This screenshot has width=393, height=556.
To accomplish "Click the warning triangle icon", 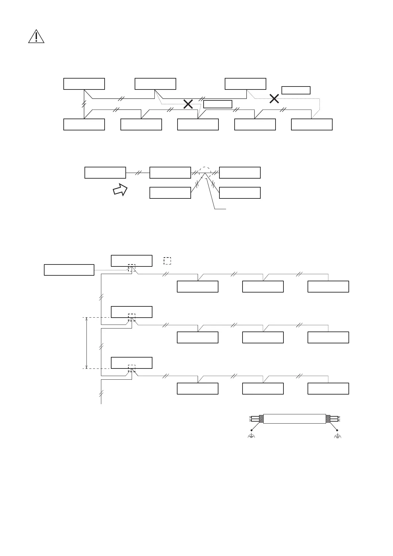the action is coord(36,37).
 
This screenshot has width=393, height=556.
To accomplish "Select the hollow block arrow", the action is coord(120,190).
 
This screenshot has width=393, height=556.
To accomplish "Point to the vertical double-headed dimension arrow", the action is coord(86,343).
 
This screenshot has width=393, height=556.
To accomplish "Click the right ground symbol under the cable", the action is coord(337,436).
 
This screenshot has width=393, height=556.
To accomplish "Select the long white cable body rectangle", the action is coord(294,419).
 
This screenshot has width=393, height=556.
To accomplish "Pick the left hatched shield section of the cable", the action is coord(261,419).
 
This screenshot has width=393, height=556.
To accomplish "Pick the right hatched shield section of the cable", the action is coord(328,419).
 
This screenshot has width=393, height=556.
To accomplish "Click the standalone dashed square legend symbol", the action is coord(167,261).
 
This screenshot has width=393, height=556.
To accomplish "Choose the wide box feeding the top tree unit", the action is coord(69,270).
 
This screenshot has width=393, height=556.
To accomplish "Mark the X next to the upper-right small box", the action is coord(274,98).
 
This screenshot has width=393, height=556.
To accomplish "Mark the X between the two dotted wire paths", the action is coord(188,104).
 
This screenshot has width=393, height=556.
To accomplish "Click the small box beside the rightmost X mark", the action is coord(296,90).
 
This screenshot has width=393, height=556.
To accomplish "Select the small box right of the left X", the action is coord(218,104).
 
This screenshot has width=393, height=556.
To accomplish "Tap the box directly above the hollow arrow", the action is coord(105,173).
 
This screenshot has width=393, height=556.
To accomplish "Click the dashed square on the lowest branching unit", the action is coord(131,368).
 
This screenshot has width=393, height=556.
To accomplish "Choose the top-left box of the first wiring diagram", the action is coord(84,84).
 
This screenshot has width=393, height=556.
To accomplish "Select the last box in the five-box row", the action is coord(312,124).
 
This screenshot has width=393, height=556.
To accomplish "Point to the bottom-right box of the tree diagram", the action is coord(328,389).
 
